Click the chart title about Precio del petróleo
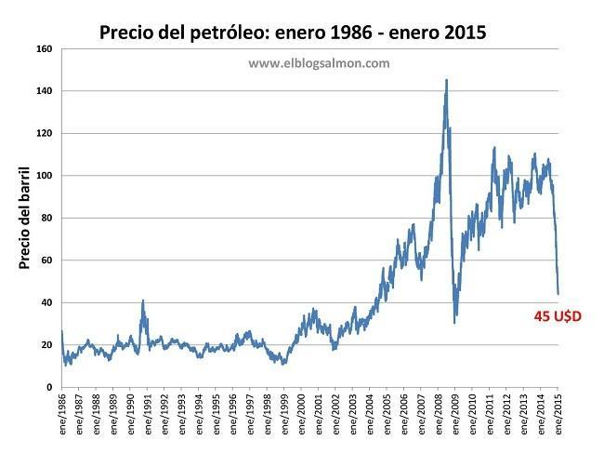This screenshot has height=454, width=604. [x=293, y=33]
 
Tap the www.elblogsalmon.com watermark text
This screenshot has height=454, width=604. [x=319, y=63]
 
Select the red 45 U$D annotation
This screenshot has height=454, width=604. [x=558, y=317]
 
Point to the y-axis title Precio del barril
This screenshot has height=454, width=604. [x=25, y=219]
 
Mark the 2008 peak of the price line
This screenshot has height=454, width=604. [x=447, y=80]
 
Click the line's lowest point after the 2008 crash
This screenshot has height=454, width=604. [x=454, y=322]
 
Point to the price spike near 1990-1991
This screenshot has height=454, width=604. [x=143, y=300]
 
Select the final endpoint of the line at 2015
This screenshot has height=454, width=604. [x=558, y=293]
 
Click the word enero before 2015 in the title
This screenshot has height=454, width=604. [x=409, y=33]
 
